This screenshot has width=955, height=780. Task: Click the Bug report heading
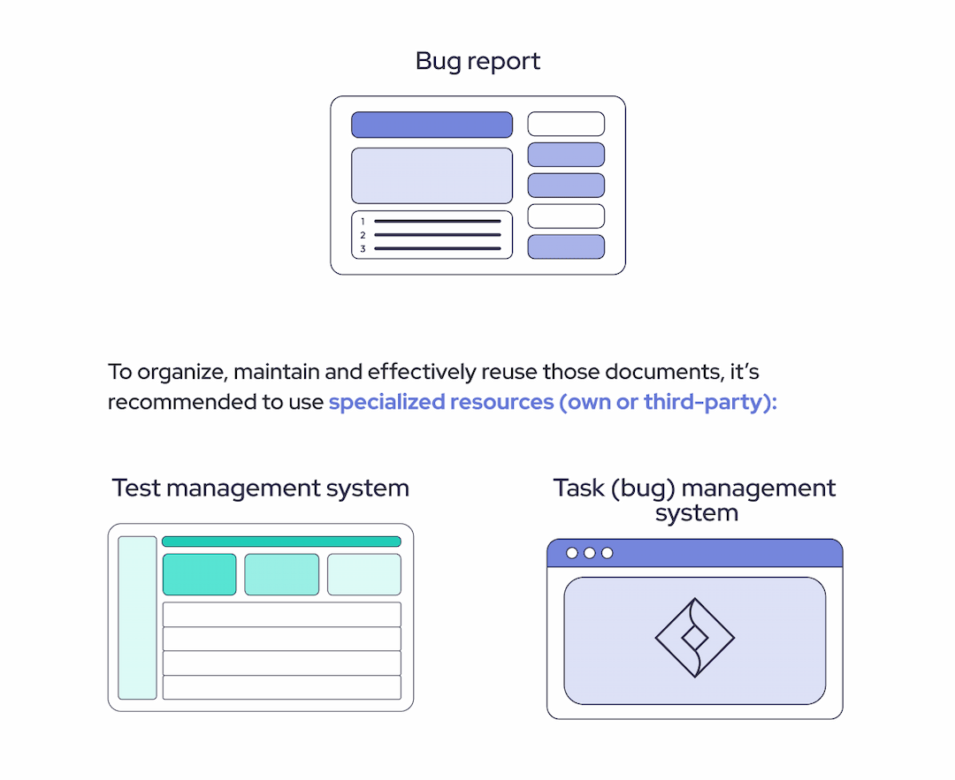click(x=477, y=62)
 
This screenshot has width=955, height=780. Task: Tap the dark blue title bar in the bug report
click(x=432, y=125)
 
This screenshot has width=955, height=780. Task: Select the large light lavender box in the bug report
click(x=432, y=176)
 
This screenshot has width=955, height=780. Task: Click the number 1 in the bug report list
click(x=363, y=222)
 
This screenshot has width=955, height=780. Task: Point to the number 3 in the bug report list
click(x=363, y=249)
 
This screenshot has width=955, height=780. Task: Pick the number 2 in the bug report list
click(x=363, y=236)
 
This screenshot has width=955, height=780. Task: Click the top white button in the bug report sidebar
click(x=566, y=124)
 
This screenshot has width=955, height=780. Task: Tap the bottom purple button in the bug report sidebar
click(x=566, y=246)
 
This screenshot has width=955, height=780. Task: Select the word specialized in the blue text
click(x=386, y=402)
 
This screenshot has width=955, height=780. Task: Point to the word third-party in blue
click(x=702, y=402)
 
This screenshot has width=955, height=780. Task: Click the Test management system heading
click(x=261, y=488)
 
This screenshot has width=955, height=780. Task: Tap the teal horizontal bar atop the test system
click(x=281, y=541)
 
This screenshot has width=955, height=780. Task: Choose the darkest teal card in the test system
click(x=199, y=574)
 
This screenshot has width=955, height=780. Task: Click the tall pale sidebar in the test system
click(x=137, y=617)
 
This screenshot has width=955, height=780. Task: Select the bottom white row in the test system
click(x=281, y=687)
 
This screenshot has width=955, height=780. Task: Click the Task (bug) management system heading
click(x=695, y=500)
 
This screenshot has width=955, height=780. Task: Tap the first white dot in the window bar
click(x=572, y=553)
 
